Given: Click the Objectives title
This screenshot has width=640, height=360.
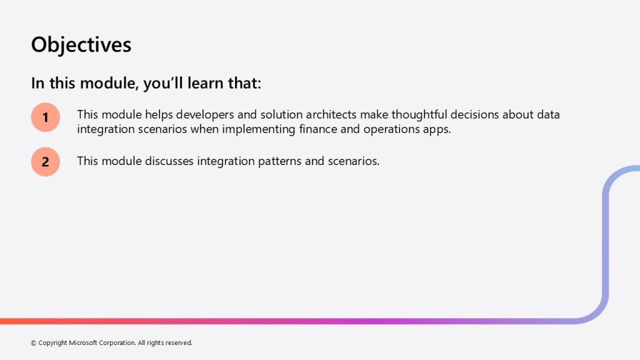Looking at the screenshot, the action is click(81, 45).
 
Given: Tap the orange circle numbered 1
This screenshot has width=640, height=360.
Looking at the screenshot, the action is click(45, 117).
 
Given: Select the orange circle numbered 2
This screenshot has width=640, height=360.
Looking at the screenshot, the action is click(45, 162).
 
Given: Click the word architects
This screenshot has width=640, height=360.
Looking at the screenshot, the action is click(331, 115).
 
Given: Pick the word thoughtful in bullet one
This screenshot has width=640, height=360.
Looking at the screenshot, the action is click(419, 115).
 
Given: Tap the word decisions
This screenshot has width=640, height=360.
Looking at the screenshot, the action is click(475, 115).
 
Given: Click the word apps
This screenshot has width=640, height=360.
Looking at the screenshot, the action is click(437, 130).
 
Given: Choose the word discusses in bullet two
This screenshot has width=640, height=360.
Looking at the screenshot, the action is click(169, 161).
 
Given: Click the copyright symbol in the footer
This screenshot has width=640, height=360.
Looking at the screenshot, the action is click(34, 343).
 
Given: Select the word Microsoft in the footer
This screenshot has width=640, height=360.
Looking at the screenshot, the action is click(83, 343).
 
